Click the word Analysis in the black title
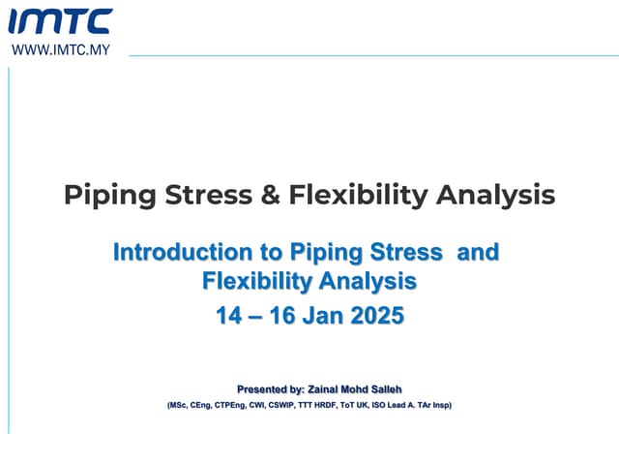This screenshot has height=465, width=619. click(495, 195)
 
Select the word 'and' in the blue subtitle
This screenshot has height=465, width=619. click(477, 253)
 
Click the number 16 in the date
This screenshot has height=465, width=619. click(271, 316)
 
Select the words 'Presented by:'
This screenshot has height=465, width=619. click(271, 388)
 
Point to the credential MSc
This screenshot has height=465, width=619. click(181, 405)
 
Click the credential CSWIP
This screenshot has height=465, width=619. click(282, 405)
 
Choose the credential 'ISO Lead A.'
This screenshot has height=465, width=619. click(395, 405)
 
